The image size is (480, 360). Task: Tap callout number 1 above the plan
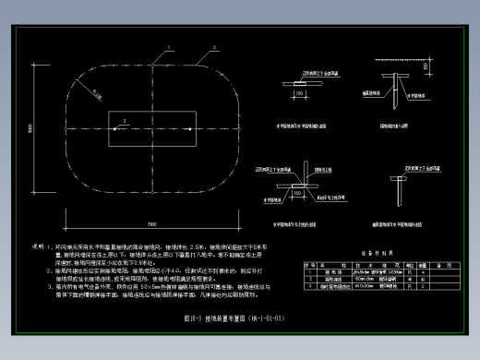tap(169, 45)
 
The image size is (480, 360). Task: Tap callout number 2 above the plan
tap(214, 45)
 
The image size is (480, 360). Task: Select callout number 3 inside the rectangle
tap(114, 119)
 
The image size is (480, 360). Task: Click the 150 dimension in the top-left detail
tap(300, 92)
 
